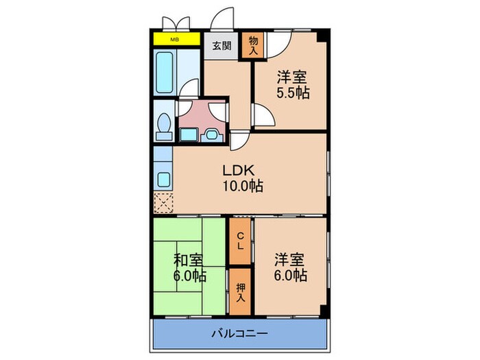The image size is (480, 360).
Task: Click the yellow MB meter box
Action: [175, 38]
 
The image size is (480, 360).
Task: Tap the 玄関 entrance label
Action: [221, 47]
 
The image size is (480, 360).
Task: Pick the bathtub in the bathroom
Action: [165, 67]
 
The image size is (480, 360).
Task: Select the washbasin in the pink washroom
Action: [211, 132]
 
